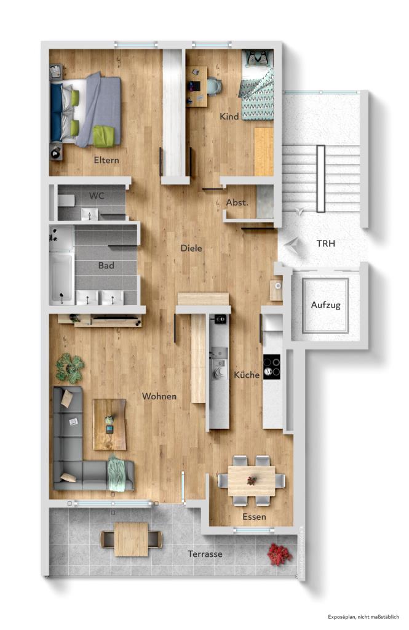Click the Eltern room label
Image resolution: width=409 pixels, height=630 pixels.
point(106,161)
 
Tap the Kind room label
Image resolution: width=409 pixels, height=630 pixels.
point(229,116)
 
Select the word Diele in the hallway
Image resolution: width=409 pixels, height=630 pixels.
point(191,249)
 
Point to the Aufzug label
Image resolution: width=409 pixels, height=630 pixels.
point(325,305)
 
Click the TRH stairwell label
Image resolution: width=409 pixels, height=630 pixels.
point(326,244)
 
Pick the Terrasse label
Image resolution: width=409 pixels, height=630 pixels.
point(205,554)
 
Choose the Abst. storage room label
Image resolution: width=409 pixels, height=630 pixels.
point(237,202)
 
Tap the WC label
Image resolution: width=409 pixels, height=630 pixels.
point(97,196)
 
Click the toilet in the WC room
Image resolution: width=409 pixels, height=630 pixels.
point(66,200)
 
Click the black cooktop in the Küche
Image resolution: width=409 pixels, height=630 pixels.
point(272,367)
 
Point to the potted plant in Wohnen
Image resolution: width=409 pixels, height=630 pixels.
point(69,368)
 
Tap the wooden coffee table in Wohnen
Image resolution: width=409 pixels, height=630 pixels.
point(109,424)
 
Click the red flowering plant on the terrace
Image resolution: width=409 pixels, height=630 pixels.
point(279,554)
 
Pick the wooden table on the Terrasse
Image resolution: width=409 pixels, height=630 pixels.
point(131,539)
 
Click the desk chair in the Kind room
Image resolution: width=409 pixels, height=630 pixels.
point(213,87)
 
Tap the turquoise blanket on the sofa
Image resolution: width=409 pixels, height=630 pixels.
point(117,474)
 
